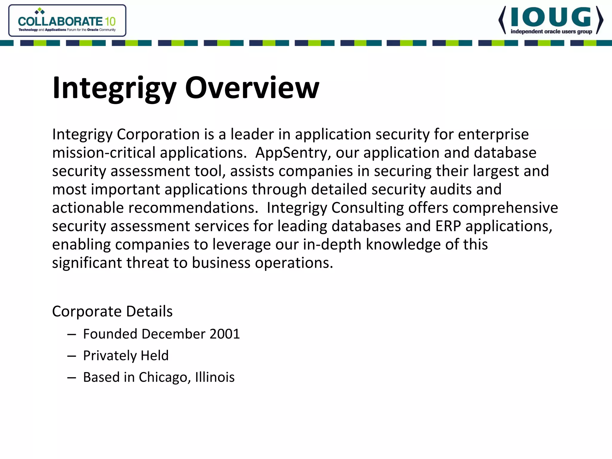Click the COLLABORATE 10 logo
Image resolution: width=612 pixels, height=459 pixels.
(67, 21)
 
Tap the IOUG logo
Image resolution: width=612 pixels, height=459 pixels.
(551, 20)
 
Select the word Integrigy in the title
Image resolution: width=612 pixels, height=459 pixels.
(114, 88)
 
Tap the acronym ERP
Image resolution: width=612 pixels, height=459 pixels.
(448, 226)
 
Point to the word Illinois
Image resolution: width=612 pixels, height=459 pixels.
(215, 377)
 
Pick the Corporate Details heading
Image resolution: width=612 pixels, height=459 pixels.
(112, 311)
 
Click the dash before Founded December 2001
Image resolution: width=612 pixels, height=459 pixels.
(72, 334)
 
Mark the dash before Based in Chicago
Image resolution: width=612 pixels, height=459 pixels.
(72, 378)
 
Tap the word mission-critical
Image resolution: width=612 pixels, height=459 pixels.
(104, 153)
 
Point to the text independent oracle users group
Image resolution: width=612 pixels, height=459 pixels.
(551, 32)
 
